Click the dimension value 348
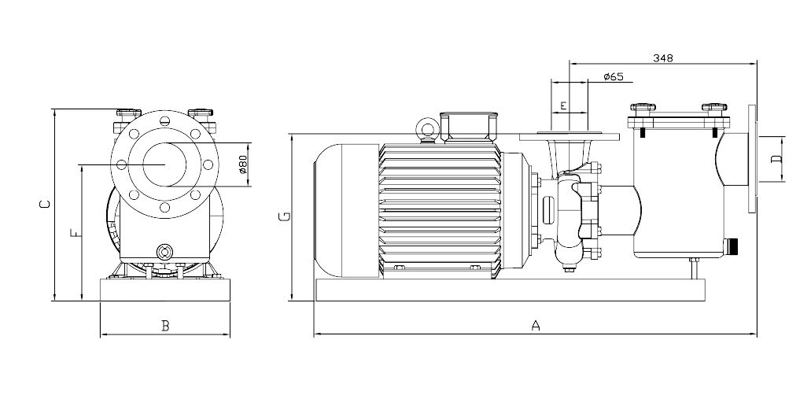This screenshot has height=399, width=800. (x=662, y=57)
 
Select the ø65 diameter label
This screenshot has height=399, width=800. (x=613, y=76)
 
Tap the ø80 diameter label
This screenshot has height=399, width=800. (x=243, y=164)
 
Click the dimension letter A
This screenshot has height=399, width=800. (x=536, y=325)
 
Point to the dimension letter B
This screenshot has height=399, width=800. (x=165, y=326)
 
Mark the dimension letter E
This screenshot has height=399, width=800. (x=563, y=105)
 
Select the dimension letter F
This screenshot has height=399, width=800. (x=72, y=233)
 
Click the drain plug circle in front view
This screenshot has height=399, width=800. (x=164, y=252)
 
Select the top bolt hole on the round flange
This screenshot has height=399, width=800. (x=164, y=121)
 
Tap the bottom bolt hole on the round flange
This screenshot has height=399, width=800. (x=164, y=207)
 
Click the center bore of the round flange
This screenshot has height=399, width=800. (x=164, y=164)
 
